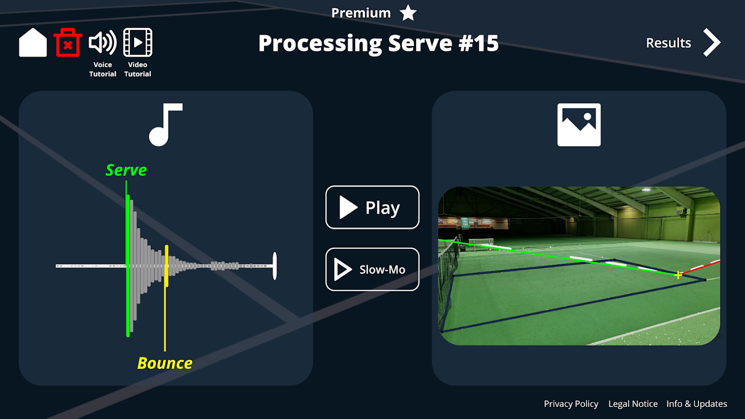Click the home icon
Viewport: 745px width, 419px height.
coord(32,43)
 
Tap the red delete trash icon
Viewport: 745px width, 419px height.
coord(68,43)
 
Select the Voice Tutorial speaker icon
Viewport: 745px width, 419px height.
coord(102,43)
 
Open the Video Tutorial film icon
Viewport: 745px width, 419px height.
coord(138,43)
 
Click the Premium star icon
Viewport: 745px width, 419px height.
coord(408,13)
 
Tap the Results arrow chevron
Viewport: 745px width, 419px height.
coord(711,43)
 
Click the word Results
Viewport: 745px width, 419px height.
coord(669,43)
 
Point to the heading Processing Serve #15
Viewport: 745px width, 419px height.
coord(378,43)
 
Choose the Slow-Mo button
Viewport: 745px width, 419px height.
coord(372,269)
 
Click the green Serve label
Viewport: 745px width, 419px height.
coord(126,170)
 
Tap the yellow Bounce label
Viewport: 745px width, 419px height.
coord(165,363)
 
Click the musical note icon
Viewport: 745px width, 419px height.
coord(165,125)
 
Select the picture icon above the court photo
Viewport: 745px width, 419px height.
coord(579,125)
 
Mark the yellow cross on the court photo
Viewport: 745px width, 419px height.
coord(678,275)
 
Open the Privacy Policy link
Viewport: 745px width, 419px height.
coord(571,404)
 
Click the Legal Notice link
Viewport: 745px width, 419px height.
coord(633,404)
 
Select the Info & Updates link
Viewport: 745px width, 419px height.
coord(697,404)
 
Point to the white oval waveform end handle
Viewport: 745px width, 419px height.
coord(275,266)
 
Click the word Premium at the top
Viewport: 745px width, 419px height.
coord(361,13)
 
